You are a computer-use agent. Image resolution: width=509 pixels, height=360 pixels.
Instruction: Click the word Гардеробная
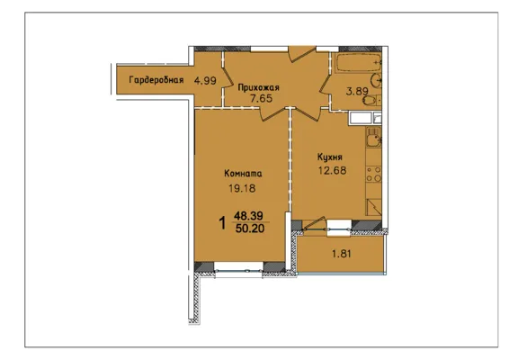pyautogui.click(x=156, y=80)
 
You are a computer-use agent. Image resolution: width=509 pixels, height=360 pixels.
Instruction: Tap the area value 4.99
pyautogui.click(x=205, y=80)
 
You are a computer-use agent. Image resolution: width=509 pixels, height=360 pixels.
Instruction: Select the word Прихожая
pyautogui.click(x=259, y=87)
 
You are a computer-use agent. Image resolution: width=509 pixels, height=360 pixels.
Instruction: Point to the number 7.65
pyautogui.click(x=261, y=98)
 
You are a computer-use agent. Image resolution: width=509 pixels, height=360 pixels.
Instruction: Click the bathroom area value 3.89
pyautogui.click(x=357, y=91)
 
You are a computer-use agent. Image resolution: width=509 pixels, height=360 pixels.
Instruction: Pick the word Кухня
pyautogui.click(x=330, y=157)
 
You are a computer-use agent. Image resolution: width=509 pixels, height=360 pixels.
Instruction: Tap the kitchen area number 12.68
pyautogui.click(x=332, y=170)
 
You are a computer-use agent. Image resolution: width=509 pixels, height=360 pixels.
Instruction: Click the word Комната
pyautogui.click(x=243, y=174)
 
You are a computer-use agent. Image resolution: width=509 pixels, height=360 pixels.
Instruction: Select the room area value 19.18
pyautogui.click(x=242, y=188)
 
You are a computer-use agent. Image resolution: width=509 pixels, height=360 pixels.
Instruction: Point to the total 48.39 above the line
pyautogui.click(x=249, y=215)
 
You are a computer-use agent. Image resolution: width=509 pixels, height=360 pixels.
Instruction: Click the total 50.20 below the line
pyautogui.click(x=250, y=229)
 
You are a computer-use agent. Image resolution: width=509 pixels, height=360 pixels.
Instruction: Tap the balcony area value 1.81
pyautogui.click(x=342, y=254)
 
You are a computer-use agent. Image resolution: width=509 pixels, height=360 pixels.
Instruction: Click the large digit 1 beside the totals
pyautogui.click(x=223, y=223)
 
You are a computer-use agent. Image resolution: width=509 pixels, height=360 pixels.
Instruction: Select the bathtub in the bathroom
pyautogui.click(x=357, y=62)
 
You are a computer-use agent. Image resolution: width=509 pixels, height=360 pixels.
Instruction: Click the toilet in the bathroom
pyautogui.click(x=371, y=100)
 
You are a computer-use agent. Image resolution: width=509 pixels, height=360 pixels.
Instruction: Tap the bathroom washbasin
pyautogui.click(x=376, y=80)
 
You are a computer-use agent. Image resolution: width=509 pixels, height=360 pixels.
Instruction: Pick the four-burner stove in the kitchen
pyautogui.click(x=373, y=175)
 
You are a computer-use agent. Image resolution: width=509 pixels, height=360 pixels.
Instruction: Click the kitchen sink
pyautogui.click(x=373, y=138)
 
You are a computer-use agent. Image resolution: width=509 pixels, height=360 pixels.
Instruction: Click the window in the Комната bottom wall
pyautogui.click(x=238, y=270)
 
